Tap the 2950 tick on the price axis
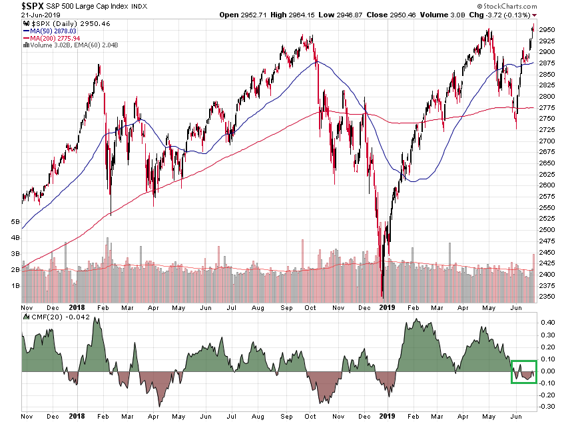[547, 29]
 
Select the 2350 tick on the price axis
[547, 297]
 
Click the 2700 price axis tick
[547, 141]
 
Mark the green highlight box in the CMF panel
[524, 372]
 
